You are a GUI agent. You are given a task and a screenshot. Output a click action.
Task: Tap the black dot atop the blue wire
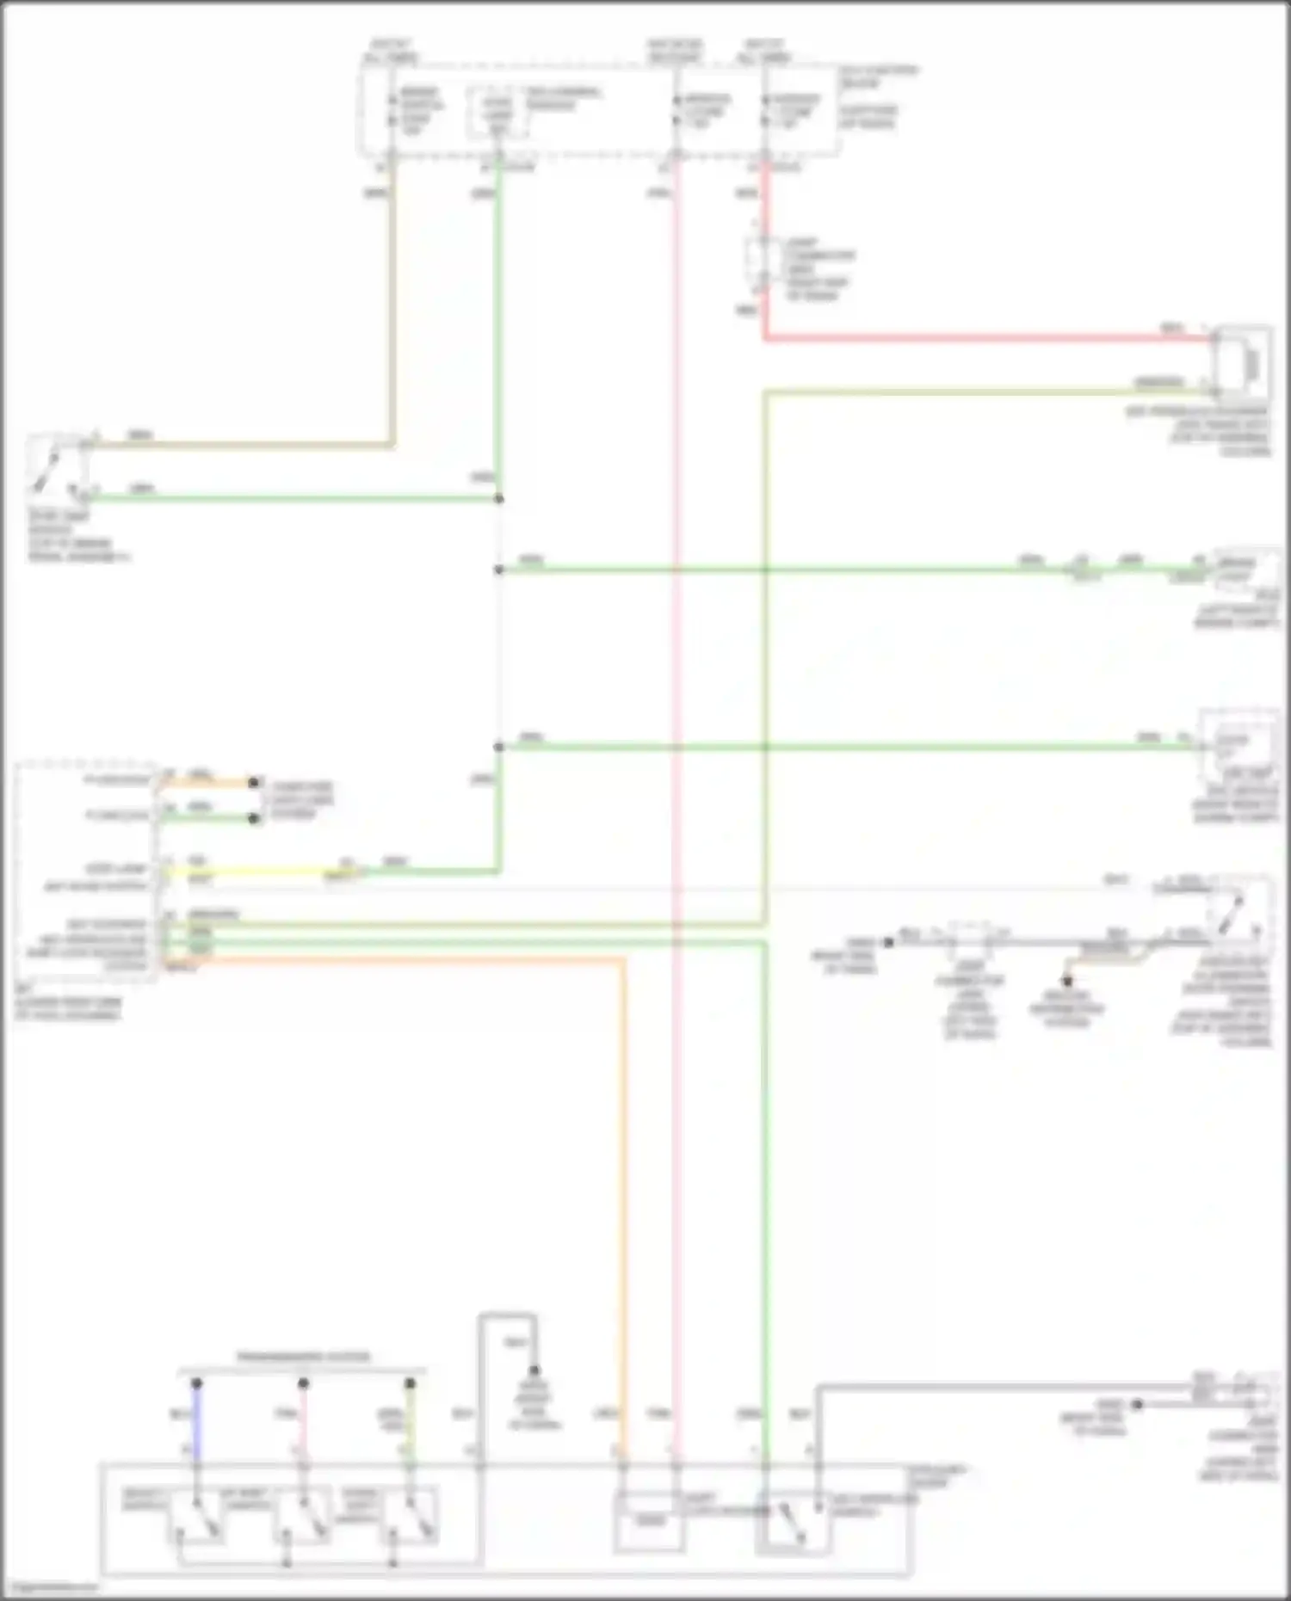click(196, 1383)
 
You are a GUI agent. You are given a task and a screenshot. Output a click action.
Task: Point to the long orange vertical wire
click(623, 1204)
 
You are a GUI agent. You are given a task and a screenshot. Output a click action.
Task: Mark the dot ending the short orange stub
click(254, 782)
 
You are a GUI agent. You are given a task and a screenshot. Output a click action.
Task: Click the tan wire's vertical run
click(392, 301)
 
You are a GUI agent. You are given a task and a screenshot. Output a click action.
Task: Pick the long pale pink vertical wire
click(676, 774)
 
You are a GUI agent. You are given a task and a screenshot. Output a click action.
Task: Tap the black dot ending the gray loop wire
click(534, 1371)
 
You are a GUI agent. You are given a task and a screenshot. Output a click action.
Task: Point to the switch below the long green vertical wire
click(792, 1523)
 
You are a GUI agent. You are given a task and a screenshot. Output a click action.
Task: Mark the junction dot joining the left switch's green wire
click(499, 499)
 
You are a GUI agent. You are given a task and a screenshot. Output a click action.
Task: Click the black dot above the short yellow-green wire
click(411, 1383)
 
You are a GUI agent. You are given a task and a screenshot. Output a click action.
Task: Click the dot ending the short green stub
click(254, 818)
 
